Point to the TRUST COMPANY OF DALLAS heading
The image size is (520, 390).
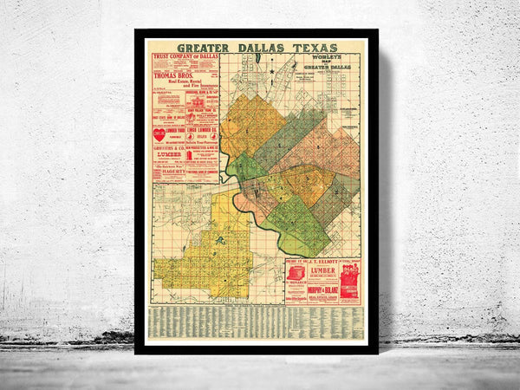(184, 59)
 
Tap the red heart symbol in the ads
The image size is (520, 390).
(159, 134)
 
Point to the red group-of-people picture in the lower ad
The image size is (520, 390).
(348, 283)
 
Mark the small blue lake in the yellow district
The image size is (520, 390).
(221, 239)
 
